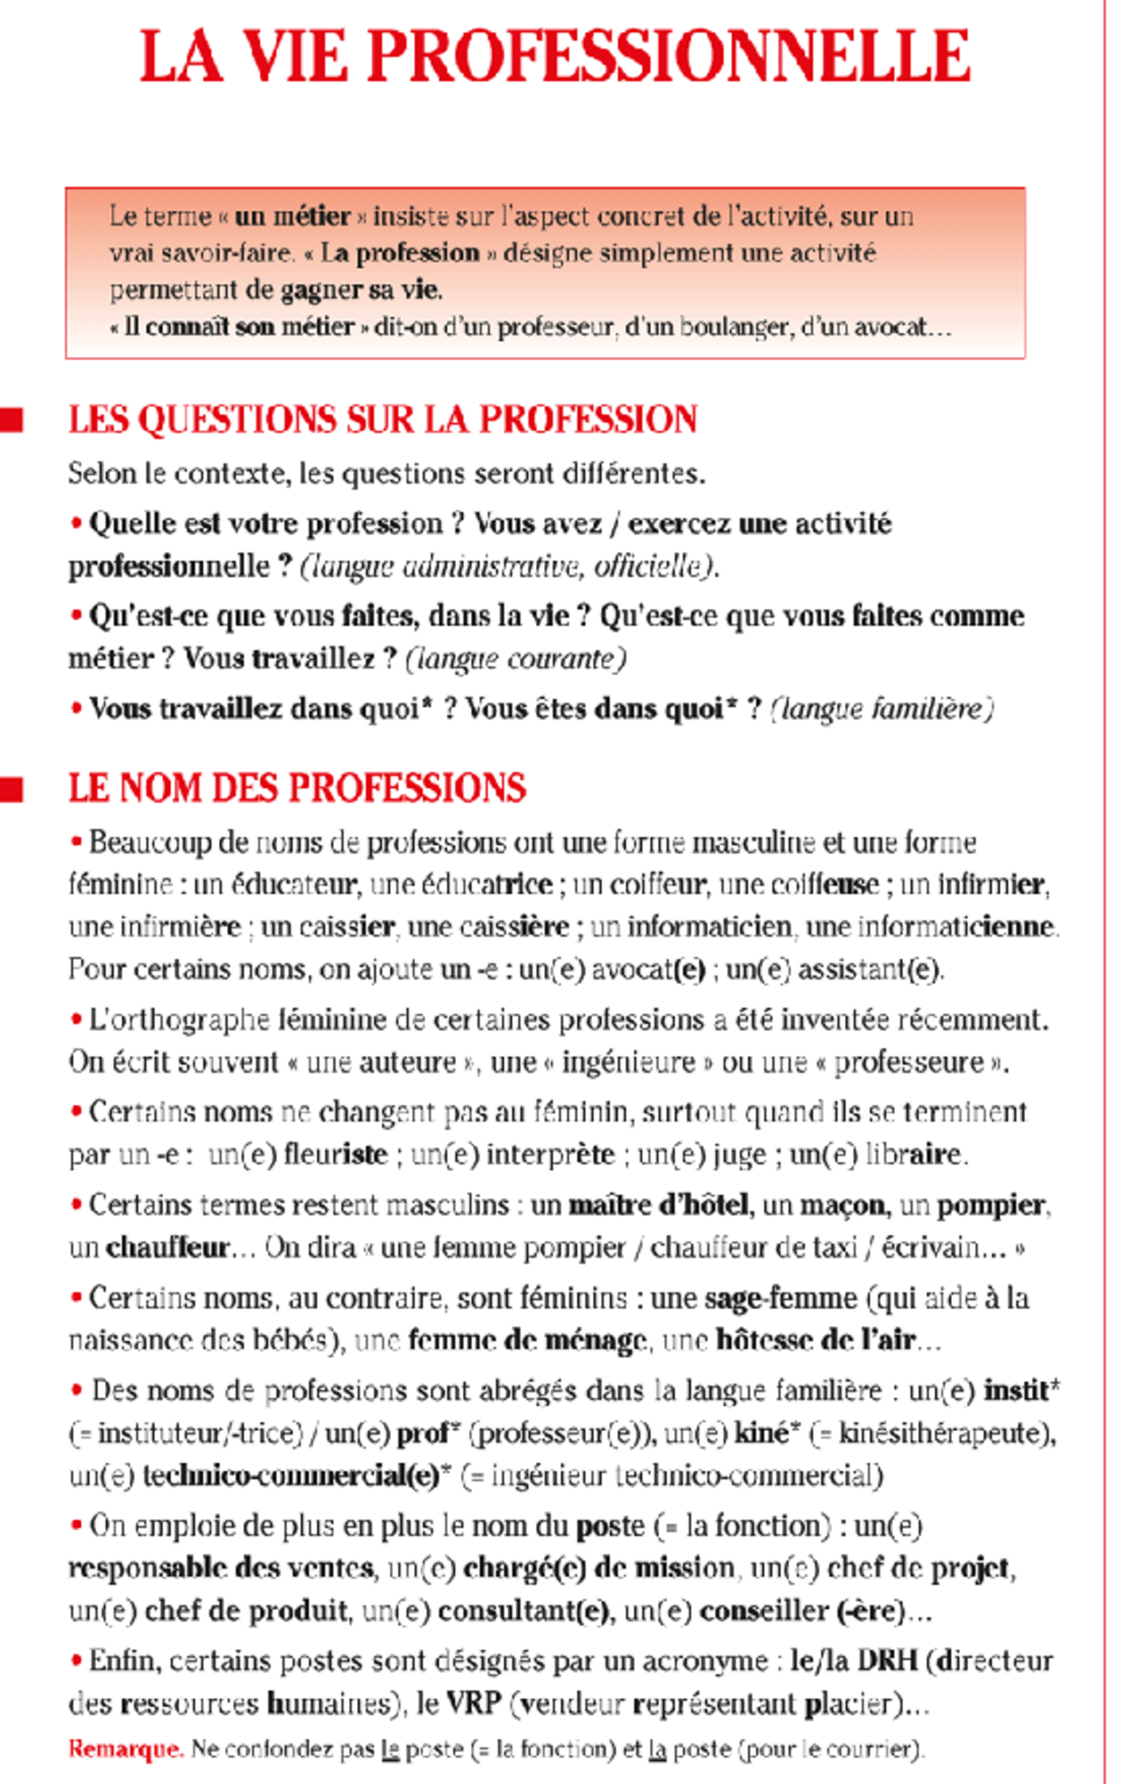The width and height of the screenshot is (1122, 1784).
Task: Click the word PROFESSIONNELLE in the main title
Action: (x=669, y=58)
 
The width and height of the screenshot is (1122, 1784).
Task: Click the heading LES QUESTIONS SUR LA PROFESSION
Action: (x=382, y=420)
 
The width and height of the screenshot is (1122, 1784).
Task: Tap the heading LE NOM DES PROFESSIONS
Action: (x=296, y=788)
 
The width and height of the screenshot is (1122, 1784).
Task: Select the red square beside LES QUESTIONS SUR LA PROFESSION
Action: (x=12, y=420)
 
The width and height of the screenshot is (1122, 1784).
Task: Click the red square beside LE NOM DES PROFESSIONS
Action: (x=12, y=790)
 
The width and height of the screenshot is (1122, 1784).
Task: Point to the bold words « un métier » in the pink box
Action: (x=293, y=217)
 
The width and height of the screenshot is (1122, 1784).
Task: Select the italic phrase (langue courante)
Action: (x=515, y=659)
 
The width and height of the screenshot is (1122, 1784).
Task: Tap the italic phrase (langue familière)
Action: (x=882, y=709)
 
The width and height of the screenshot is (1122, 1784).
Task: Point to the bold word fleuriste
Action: (x=335, y=1155)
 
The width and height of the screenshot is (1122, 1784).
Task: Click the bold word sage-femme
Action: (x=780, y=1298)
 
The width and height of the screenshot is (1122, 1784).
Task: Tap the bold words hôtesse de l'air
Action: (x=814, y=1341)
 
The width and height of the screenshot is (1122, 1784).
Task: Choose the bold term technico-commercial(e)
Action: (x=291, y=1477)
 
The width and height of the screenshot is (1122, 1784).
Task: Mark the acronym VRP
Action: (x=473, y=1704)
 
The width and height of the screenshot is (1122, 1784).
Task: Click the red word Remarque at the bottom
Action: (x=125, y=1749)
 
